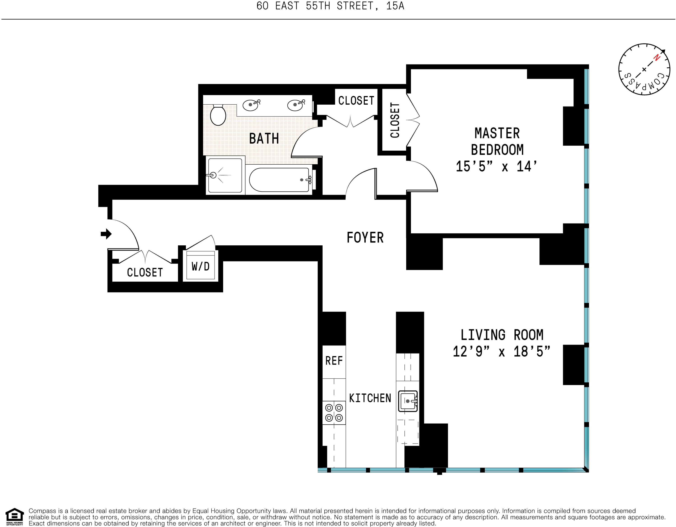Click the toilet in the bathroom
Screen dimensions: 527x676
coord(218,115)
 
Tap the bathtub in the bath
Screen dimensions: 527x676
coord(279,180)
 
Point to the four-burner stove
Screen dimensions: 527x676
coord(334,413)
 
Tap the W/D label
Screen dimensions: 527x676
coord(201,266)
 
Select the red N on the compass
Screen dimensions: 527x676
coord(656,58)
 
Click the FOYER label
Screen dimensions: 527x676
coord(365,238)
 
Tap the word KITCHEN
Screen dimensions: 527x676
coord(370,398)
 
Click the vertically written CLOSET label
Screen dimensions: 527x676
coord(395,120)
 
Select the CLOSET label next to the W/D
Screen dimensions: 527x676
coord(145,272)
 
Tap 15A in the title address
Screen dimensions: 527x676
coord(395,6)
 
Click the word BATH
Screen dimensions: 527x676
coord(264,138)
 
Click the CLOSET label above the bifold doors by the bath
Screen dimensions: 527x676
coord(356,101)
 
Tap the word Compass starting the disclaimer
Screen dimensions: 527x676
coord(43,511)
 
